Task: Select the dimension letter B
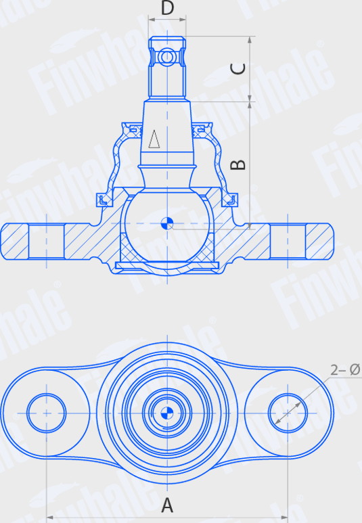(237, 164)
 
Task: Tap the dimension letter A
(167, 504)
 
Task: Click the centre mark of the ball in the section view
(167, 223)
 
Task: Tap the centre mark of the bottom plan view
(167, 411)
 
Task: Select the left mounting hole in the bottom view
(46, 411)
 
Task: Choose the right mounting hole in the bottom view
(289, 411)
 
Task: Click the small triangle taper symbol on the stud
(155, 139)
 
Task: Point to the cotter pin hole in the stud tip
(167, 58)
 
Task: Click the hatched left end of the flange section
(14, 240)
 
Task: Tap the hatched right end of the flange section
(320, 240)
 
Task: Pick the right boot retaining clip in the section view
(231, 200)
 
